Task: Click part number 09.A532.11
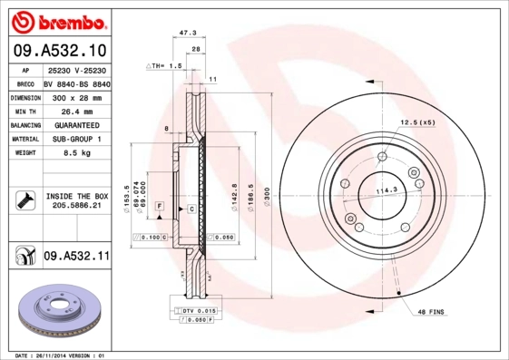click(x=75, y=257)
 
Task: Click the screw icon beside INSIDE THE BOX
click(x=25, y=200)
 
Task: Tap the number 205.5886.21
click(x=76, y=207)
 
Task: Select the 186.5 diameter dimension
click(x=245, y=195)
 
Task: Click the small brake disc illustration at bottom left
click(x=56, y=310)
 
